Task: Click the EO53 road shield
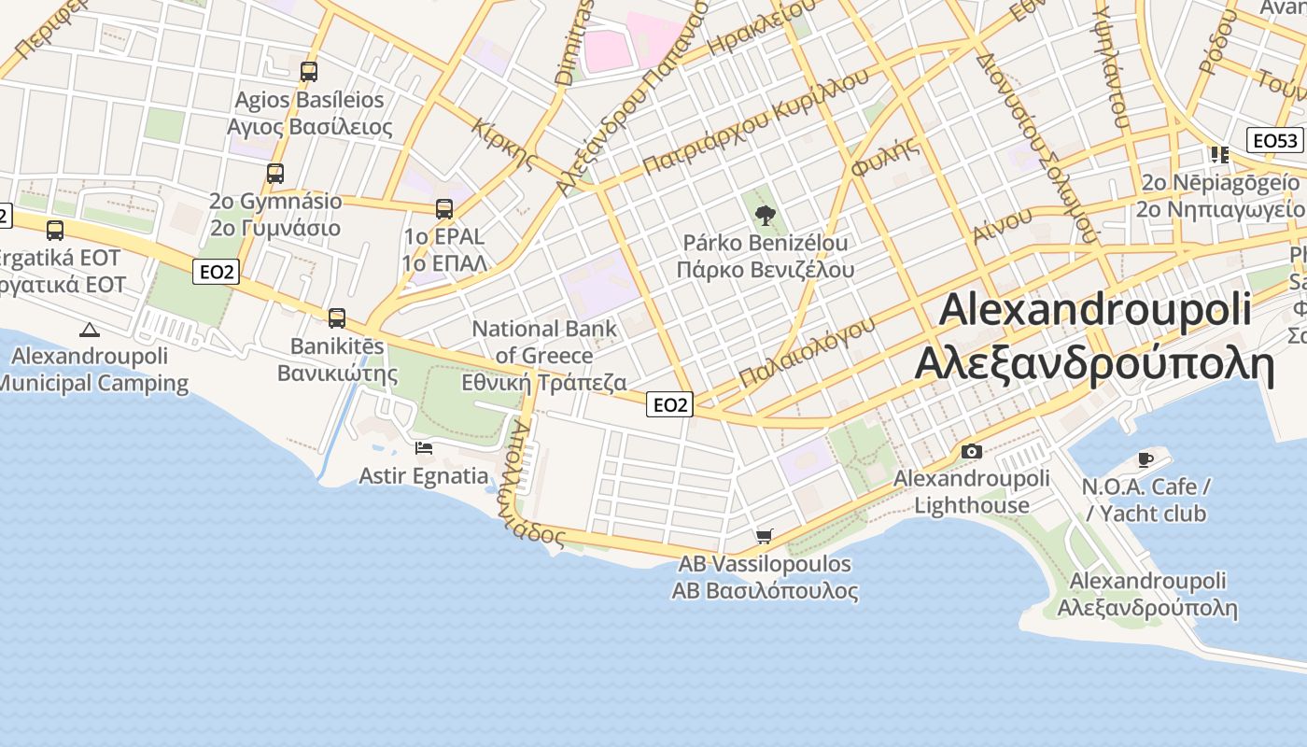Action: (x=1275, y=141)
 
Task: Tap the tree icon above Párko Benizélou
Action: (x=766, y=217)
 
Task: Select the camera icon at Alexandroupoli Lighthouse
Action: (x=971, y=452)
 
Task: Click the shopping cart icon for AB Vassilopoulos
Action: (x=765, y=536)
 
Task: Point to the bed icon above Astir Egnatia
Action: (x=424, y=448)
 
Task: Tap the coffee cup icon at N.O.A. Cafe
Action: (x=1145, y=459)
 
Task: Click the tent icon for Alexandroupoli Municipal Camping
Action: (x=89, y=329)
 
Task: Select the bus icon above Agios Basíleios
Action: (x=308, y=71)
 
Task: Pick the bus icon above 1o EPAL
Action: (x=444, y=208)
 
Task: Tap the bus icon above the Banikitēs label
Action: (x=337, y=318)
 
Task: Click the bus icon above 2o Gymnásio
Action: (x=274, y=173)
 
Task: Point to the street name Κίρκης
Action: (x=504, y=143)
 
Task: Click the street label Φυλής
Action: (x=885, y=156)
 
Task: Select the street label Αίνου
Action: (x=1003, y=225)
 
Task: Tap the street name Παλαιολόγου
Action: (x=807, y=351)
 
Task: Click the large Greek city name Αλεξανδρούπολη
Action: (x=1094, y=364)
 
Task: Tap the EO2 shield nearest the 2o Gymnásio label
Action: (x=216, y=272)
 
